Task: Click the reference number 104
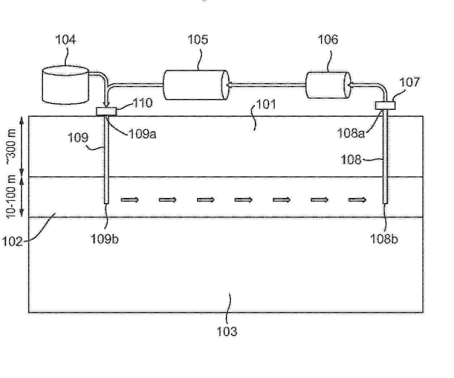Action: point(65,40)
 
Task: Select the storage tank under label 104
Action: point(65,85)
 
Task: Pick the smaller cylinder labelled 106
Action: point(328,85)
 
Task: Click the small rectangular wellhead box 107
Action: point(385,106)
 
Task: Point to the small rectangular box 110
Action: point(106,111)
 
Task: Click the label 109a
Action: point(143,134)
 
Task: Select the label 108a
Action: point(351,133)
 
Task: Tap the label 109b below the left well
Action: point(104,239)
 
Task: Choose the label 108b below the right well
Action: point(384,239)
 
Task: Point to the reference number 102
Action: point(12,241)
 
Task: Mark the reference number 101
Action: point(266,104)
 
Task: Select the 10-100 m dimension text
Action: point(11,197)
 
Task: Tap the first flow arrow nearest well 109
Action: point(130,200)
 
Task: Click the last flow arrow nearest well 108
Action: point(358,200)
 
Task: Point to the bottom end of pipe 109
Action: point(106,203)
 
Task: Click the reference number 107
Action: point(410,82)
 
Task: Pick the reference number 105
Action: point(198,39)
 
